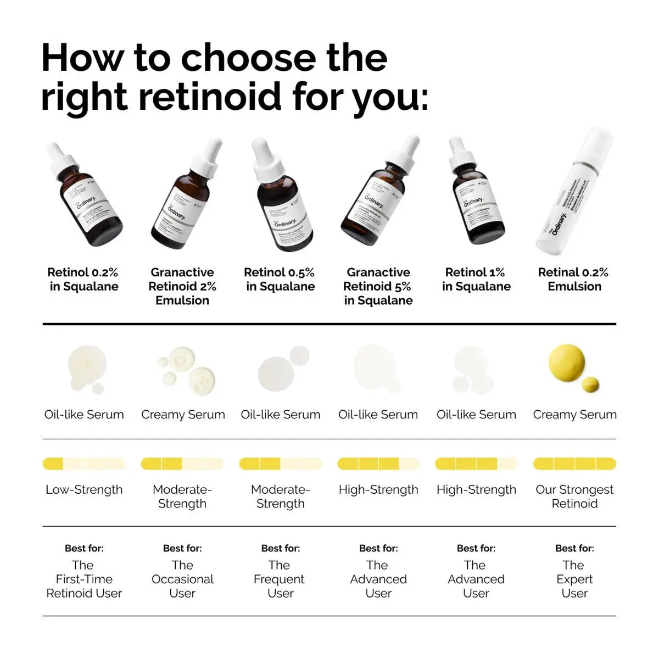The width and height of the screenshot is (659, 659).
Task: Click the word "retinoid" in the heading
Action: point(210,96)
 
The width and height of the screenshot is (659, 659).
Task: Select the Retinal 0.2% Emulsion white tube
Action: point(574,192)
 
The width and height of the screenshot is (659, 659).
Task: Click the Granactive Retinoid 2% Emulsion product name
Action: point(182,286)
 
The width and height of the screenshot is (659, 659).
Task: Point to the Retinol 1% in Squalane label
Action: point(476,279)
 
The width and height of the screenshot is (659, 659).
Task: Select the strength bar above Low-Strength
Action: point(84,464)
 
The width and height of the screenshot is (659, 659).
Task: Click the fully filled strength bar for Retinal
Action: point(574,464)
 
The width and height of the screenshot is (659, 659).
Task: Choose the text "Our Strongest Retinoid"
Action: point(574,496)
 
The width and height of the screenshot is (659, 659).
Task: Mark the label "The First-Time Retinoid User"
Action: point(84,579)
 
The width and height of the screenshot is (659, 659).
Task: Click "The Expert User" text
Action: point(574,579)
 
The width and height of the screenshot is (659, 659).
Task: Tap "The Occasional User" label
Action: point(182,579)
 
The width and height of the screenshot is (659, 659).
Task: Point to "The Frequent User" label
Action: point(280,579)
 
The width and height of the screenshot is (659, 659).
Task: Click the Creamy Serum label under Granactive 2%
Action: point(183,415)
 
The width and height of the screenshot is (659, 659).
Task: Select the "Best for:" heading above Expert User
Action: point(574,548)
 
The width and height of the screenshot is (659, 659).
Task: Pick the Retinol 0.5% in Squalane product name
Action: point(280,279)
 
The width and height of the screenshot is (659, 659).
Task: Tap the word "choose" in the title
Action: point(249,58)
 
